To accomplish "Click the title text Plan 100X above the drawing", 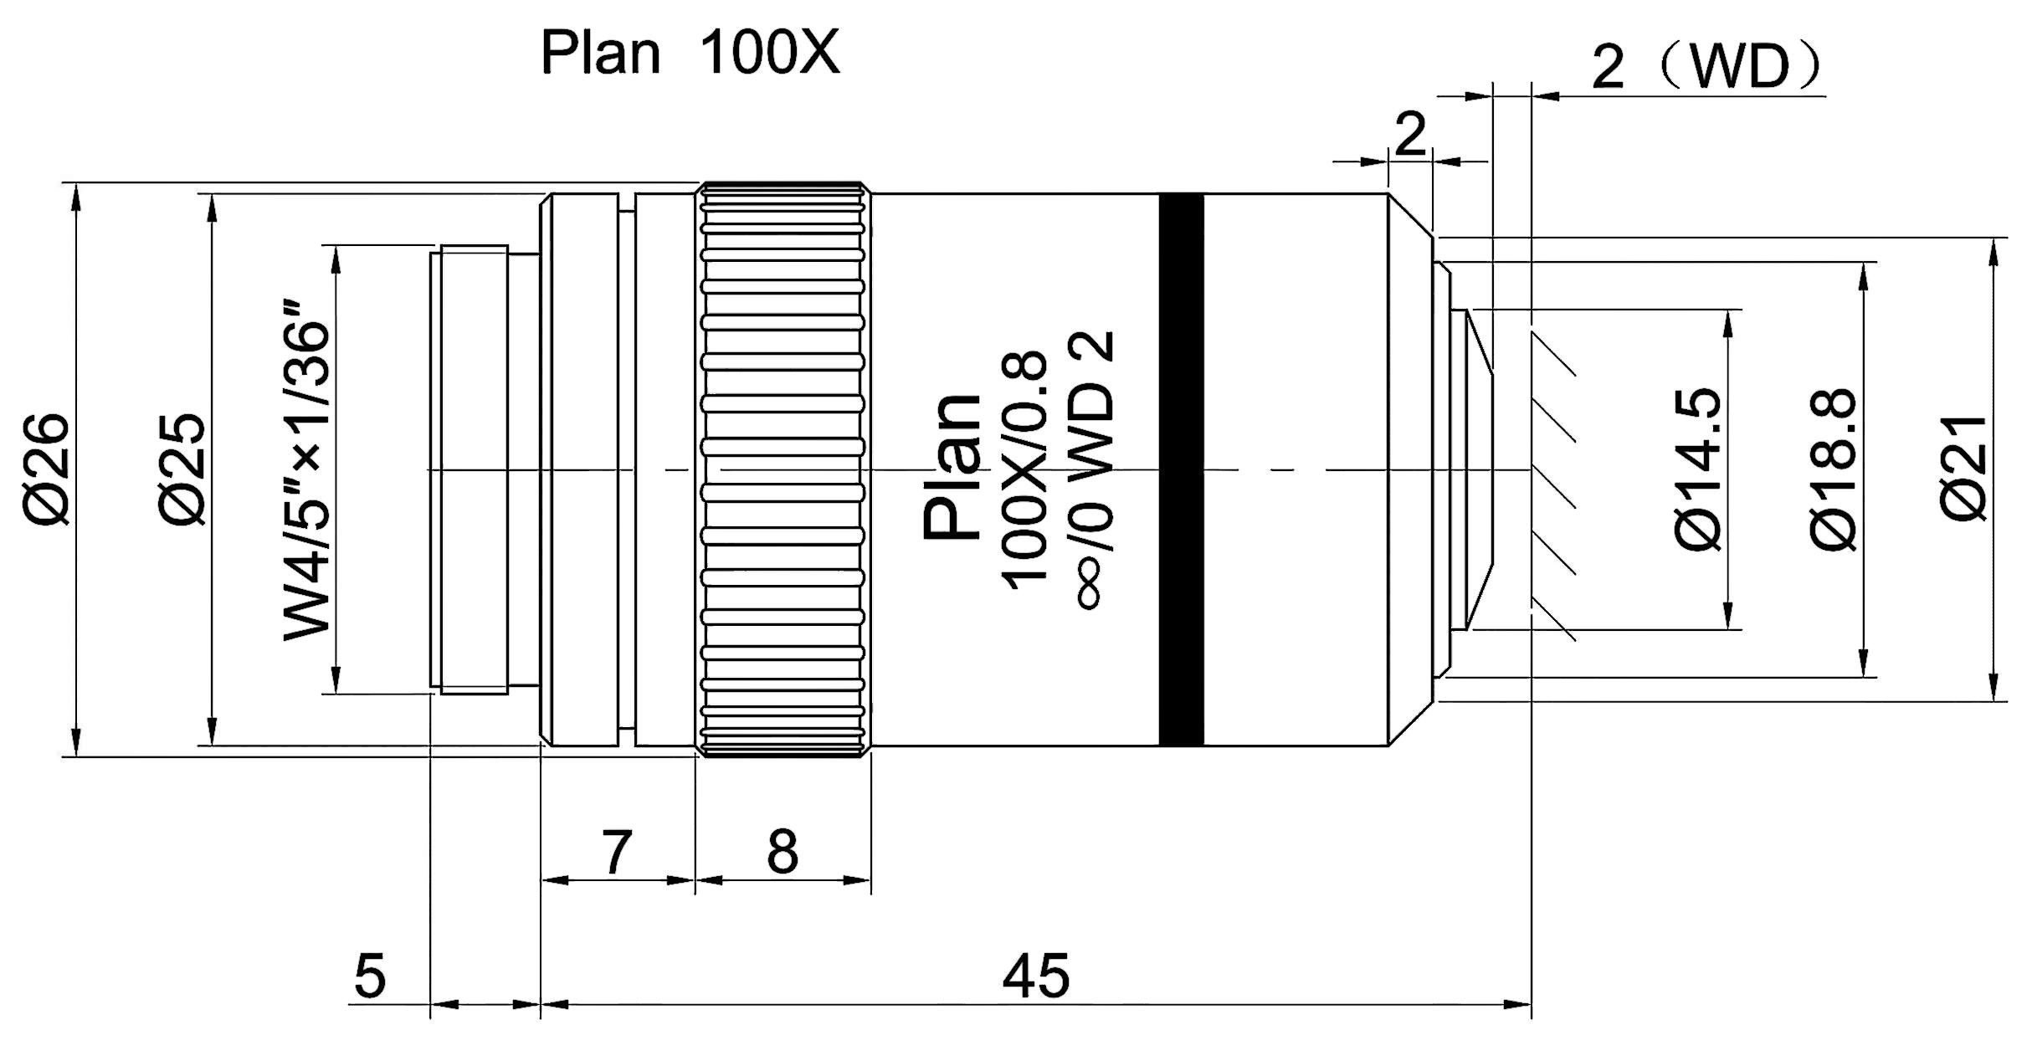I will point(690,54).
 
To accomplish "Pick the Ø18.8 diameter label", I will point(1836,469).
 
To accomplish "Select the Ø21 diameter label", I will point(1963,469).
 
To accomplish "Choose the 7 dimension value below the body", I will point(616,853).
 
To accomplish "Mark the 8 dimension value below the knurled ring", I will point(783,853).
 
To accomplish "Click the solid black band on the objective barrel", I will point(1182,469).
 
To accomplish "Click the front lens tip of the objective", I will point(1477,469).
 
